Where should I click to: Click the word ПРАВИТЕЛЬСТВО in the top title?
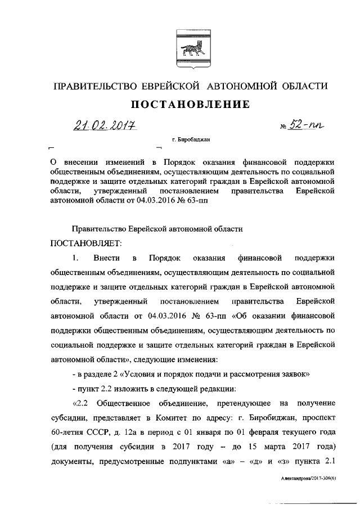tap(95, 86)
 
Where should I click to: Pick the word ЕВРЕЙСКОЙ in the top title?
tap(172, 86)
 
